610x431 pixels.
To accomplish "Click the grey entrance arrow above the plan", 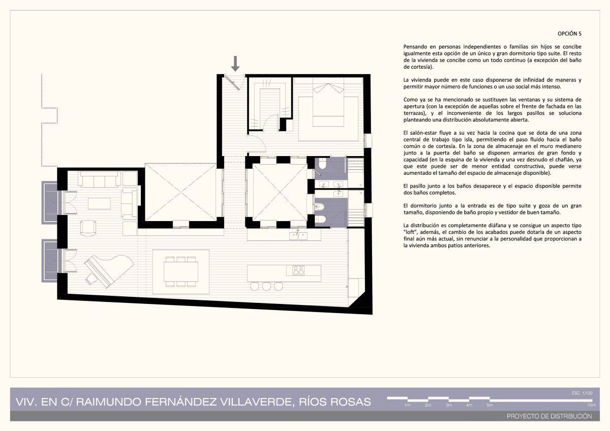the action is point(235,64).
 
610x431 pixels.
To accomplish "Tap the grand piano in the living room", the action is point(109,271).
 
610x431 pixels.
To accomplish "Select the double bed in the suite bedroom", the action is point(328,105).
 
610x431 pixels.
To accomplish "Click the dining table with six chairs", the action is point(181,272).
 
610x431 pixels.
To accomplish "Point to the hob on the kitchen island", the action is point(298,270).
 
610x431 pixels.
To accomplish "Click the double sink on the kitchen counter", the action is point(298,235).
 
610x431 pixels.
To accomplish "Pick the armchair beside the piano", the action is point(88,228).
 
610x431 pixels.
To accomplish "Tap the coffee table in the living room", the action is point(99,203).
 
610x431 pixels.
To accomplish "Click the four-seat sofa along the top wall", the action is point(100,179).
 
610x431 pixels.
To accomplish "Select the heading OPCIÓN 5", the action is point(569,34).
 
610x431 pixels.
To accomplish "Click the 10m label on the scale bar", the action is point(591,405).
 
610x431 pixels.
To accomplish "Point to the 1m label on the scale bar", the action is point(407,405).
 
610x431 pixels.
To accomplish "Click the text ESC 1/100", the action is point(582,393).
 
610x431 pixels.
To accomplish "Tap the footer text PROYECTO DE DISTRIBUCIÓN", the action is point(550,416).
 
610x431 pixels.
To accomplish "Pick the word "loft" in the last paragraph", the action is point(410,232).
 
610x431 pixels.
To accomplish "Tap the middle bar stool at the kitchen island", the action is point(266,286).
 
